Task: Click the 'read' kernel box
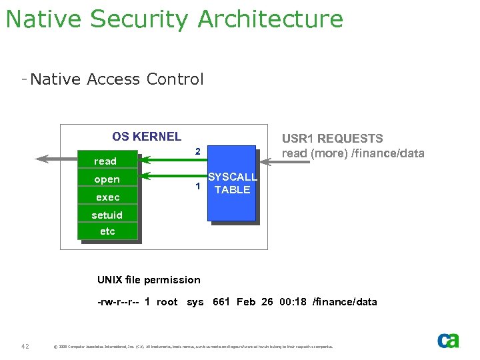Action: coord(107,161)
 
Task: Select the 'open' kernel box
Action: coord(107,179)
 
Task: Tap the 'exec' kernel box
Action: coord(107,197)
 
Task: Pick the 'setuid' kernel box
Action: coord(107,215)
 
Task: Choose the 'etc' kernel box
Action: coord(107,231)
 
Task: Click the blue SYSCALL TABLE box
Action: coord(231,183)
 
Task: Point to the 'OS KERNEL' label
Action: coord(147,137)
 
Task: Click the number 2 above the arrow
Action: coord(198,151)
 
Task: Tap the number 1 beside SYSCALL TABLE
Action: coord(198,186)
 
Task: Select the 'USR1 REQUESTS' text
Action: coord(332,139)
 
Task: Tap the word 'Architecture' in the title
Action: coord(270,19)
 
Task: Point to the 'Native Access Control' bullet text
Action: coord(117,79)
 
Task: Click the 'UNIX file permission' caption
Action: coord(149,279)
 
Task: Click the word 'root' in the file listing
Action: coord(167,302)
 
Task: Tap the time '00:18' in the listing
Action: coord(293,302)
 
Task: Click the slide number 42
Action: coord(25,346)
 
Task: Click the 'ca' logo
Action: coord(448,341)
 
